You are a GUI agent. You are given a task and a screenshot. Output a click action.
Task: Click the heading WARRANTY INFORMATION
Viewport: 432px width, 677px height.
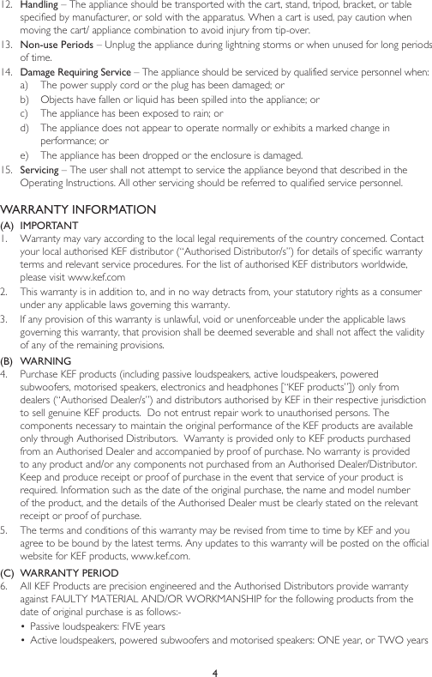click(x=79, y=210)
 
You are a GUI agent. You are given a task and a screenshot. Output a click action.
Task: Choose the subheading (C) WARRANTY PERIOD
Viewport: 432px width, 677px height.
click(x=63, y=571)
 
